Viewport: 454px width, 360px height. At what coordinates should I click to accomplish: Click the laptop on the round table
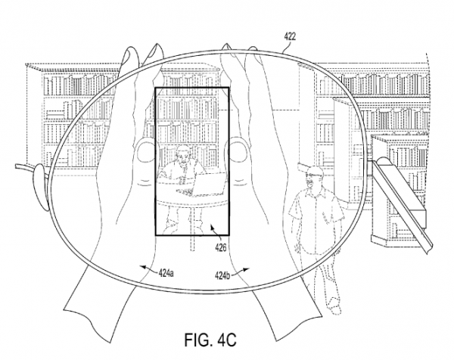pyautogui.click(x=206, y=181)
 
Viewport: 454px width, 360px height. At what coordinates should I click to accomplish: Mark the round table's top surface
pyautogui.click(x=193, y=196)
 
